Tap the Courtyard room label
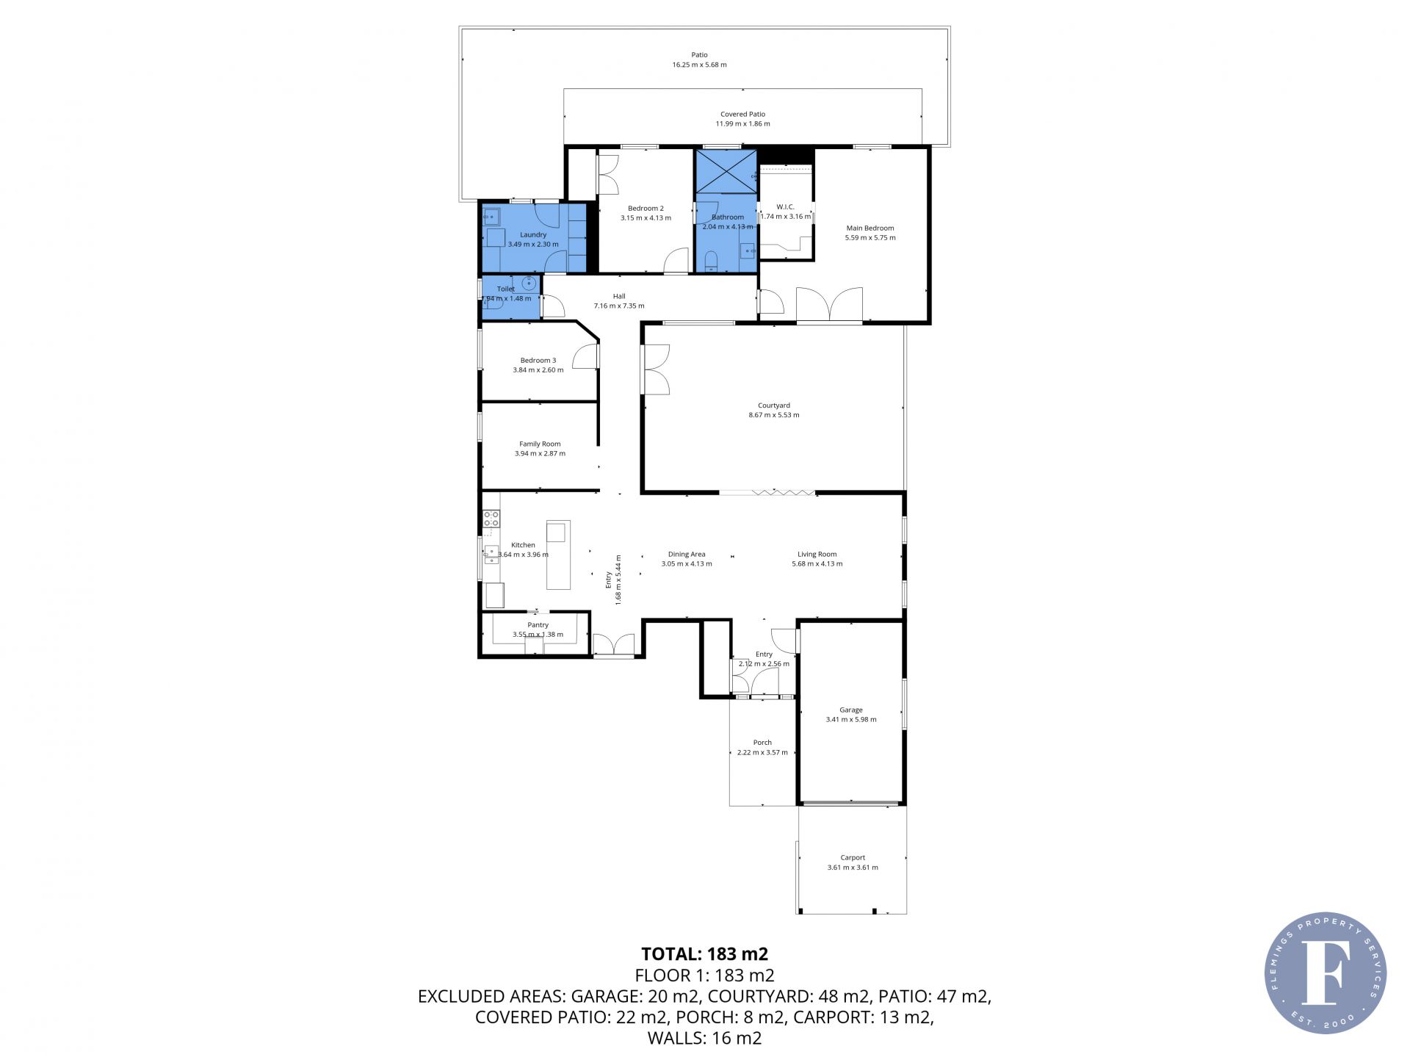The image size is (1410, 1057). [774, 405]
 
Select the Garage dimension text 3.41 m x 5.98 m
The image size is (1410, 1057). [851, 720]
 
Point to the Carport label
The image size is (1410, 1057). [853, 857]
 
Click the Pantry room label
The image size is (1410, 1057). [538, 625]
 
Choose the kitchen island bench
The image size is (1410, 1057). [558, 555]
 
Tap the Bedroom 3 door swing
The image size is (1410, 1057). [586, 356]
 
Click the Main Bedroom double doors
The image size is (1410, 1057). [829, 304]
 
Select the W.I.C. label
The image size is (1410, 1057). [785, 207]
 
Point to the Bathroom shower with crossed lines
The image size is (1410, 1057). [726, 171]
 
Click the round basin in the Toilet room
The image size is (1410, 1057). [529, 283]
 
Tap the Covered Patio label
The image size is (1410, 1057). [742, 114]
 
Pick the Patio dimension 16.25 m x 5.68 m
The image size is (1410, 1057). [699, 65]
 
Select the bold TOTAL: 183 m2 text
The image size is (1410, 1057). [704, 953]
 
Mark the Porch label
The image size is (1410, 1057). [762, 743]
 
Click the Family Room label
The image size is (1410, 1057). [540, 444]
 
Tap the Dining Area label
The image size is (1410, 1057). [687, 555]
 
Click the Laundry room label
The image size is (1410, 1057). [533, 235]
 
